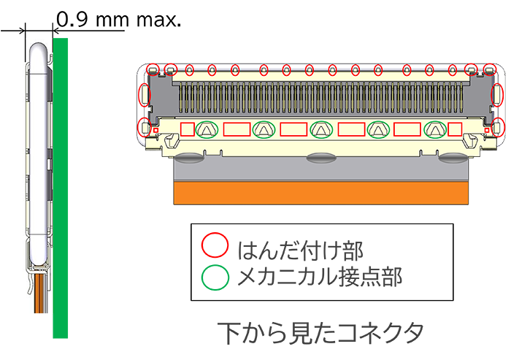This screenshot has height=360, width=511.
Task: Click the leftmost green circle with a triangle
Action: (207, 129)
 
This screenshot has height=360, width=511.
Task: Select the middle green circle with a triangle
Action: (320, 129)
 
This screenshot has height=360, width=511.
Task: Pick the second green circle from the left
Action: (264, 129)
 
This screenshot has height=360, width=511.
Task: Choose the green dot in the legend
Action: (214, 277)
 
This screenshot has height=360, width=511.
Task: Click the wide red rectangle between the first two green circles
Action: (236, 130)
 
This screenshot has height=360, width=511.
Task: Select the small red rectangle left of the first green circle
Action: (188, 130)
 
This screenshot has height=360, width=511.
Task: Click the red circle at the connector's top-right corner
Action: (490, 70)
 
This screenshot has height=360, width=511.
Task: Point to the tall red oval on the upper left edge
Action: (145, 93)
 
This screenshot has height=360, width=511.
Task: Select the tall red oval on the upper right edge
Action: (498, 93)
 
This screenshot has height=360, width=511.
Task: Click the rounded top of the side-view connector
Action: (38, 48)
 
